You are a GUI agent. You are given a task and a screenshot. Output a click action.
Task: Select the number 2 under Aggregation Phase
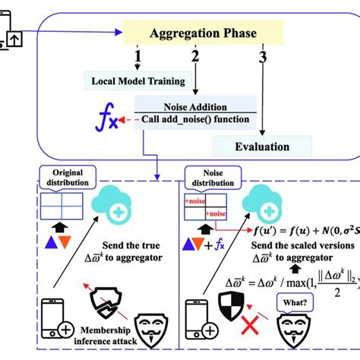pos(194,58)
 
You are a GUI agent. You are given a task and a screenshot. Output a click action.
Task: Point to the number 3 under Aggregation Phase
pos(263,58)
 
